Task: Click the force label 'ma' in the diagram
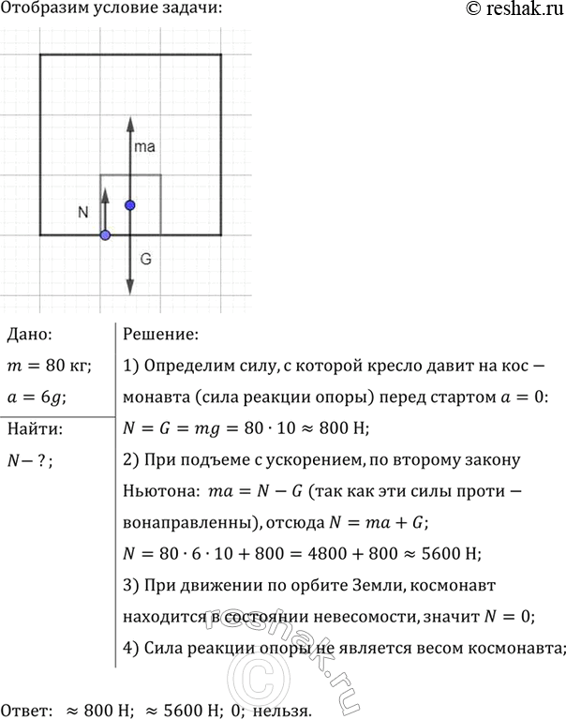(x=145, y=147)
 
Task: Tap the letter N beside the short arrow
(x=83, y=213)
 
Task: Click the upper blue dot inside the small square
(x=130, y=204)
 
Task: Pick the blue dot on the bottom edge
(x=105, y=234)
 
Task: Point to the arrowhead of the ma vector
(x=130, y=121)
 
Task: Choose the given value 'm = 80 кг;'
(x=47, y=366)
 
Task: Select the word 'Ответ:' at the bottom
(x=27, y=710)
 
